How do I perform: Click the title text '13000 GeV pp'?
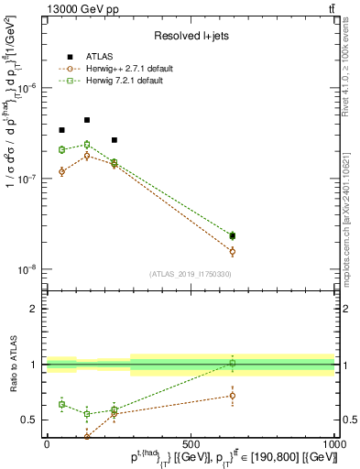(80, 9)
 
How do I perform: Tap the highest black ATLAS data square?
(87, 120)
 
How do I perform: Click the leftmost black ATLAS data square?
(61, 130)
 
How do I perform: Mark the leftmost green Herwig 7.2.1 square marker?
(61, 149)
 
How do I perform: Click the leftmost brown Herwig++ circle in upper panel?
(61, 171)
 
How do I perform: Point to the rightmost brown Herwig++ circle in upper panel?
(233, 251)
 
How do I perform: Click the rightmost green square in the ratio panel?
(233, 364)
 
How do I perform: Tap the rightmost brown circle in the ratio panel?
(233, 396)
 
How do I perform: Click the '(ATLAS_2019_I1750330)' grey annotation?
(190, 274)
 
